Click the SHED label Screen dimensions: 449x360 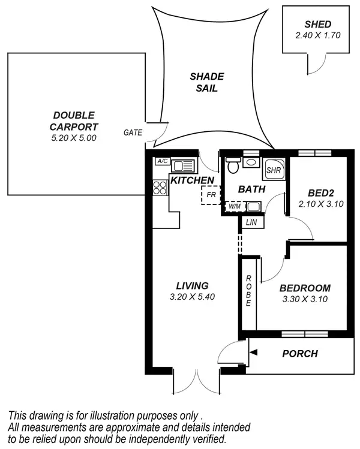tap(317, 24)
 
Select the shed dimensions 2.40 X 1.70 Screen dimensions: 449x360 tap(317, 35)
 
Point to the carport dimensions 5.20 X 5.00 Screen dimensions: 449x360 tap(74, 137)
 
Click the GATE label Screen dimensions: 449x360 tap(133, 132)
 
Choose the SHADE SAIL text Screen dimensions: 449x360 tap(206, 82)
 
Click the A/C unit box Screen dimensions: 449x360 tap(162, 161)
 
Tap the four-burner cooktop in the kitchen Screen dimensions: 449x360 tap(160, 188)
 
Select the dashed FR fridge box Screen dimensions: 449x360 tap(211, 195)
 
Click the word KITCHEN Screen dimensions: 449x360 tap(192, 180)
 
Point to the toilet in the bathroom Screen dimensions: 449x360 tap(233, 166)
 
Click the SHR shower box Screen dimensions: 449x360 tap(274, 169)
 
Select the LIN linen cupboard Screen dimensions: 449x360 tap(250, 222)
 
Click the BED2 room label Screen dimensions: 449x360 tap(320, 193)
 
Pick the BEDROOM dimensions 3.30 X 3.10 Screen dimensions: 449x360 tap(305, 300)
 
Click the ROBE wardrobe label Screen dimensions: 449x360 tap(248, 291)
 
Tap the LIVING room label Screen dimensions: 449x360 tap(192, 285)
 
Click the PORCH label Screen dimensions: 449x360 tap(300, 354)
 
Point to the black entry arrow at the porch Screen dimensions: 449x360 tap(254, 354)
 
